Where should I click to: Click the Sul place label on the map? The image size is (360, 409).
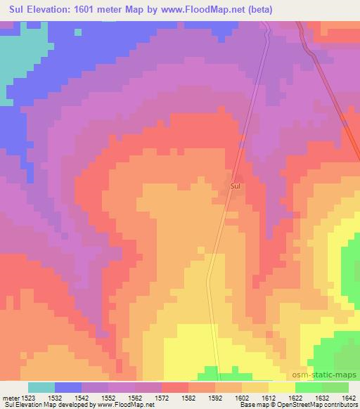pyautogui.click(x=236, y=186)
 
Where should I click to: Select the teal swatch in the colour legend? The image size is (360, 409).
pyautogui.click(x=41, y=387)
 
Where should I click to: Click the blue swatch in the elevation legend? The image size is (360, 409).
pyautogui.click(x=68, y=387)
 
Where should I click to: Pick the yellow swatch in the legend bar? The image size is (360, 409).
pyautogui.click(x=282, y=387)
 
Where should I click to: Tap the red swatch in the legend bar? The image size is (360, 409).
pyautogui.click(x=175, y=387)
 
